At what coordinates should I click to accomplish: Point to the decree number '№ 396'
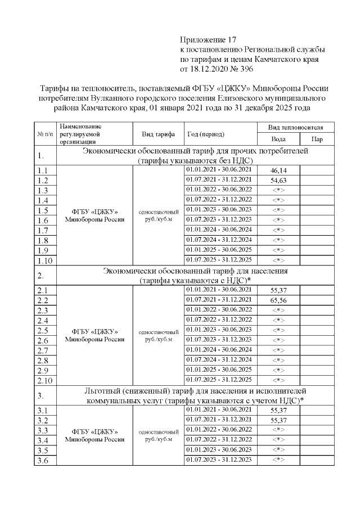pyautogui.click(x=240, y=70)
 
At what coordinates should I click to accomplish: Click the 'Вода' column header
pyautogui.click(x=278, y=139)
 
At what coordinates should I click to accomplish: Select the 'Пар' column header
pyautogui.click(x=317, y=139)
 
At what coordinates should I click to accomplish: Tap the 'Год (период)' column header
pyautogui.click(x=205, y=134)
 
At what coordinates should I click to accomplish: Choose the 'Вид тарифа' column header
pyautogui.click(x=157, y=134)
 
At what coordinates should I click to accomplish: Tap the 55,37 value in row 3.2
pyautogui.click(x=278, y=420)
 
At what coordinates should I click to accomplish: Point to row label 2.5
pyautogui.click(x=42, y=331)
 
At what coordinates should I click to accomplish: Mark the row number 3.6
pyautogui.click(x=42, y=461)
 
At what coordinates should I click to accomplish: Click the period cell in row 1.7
pyautogui.click(x=220, y=229)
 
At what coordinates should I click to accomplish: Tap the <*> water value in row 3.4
pyautogui.click(x=278, y=440)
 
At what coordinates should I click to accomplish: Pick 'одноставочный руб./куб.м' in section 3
pyautogui.click(x=157, y=435)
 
